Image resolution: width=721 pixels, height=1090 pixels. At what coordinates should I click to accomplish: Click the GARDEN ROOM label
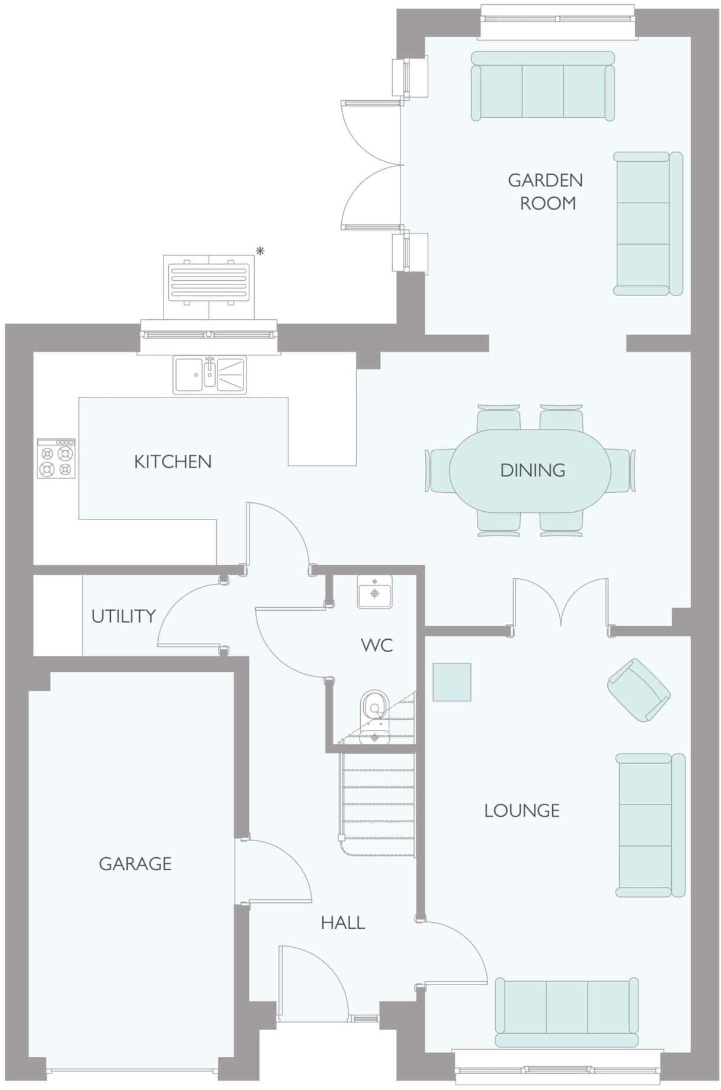point(546,191)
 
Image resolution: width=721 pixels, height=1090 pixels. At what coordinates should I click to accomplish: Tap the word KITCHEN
point(172,462)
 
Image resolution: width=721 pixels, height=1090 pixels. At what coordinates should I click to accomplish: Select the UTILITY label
point(123,617)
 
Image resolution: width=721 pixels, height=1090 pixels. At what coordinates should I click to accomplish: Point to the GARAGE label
point(135,864)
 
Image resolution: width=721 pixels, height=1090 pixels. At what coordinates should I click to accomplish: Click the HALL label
point(342,922)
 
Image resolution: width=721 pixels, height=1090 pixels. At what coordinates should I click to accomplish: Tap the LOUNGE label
point(521,810)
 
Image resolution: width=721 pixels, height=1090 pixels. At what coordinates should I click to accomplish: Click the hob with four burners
point(56,459)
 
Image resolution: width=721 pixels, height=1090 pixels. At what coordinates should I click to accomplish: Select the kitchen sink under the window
point(209,374)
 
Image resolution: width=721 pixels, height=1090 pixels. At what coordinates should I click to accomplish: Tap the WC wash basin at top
point(374,591)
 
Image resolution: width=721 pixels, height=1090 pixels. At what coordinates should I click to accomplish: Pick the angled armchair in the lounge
point(638,690)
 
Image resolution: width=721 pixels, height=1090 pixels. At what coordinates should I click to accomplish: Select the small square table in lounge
point(451,682)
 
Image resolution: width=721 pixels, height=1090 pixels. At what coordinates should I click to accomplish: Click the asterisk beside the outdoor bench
point(259,252)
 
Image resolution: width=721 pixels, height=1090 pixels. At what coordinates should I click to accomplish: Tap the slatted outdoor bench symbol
point(209,281)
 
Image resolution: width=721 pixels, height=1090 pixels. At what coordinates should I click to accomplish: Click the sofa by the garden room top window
point(542,86)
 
